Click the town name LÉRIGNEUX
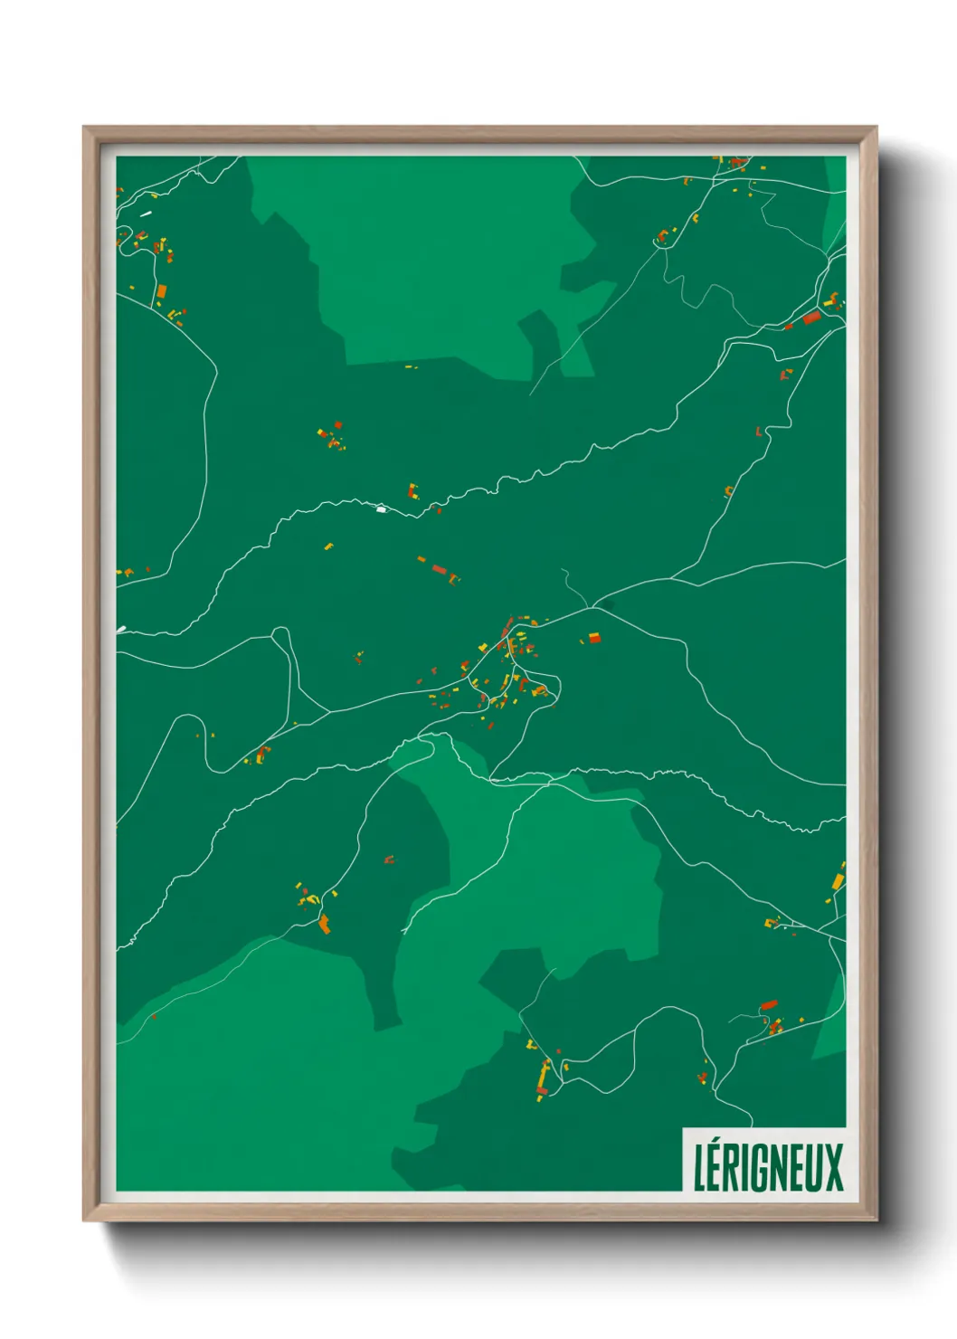click(768, 1167)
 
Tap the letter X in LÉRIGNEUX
click(833, 1167)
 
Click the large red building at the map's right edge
click(810, 318)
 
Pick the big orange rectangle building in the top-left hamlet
click(162, 291)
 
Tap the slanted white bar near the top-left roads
click(145, 214)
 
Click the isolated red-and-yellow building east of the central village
click(594, 638)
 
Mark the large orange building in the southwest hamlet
click(324, 924)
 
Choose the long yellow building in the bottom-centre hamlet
click(544, 1076)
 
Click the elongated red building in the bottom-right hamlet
click(769, 1004)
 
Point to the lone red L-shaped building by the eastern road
click(759, 432)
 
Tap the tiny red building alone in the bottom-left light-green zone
click(154, 1017)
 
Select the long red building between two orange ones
click(440, 569)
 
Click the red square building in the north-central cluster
click(338, 424)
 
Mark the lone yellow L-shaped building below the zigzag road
click(328, 546)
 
